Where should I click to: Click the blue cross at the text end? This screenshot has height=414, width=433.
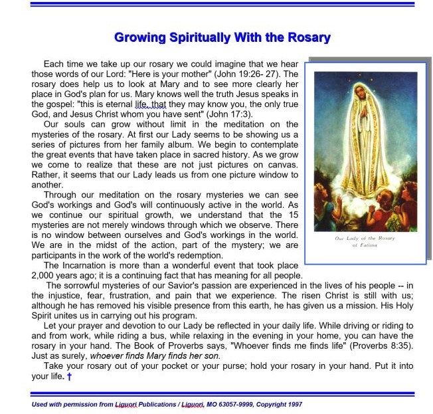tap(69, 377)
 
